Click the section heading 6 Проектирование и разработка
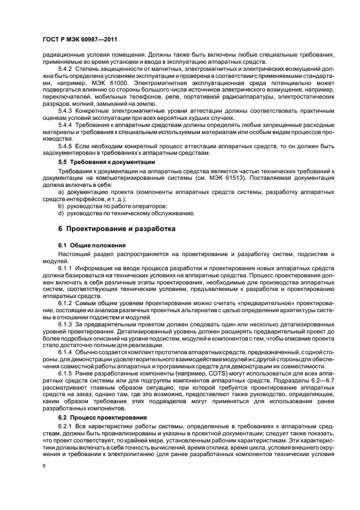click(x=117, y=229)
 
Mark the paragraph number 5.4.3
click(x=65, y=111)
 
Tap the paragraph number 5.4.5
click(x=65, y=146)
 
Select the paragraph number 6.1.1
click(x=65, y=268)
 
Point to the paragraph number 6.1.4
click(x=65, y=353)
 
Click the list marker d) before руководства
click(x=61, y=213)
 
